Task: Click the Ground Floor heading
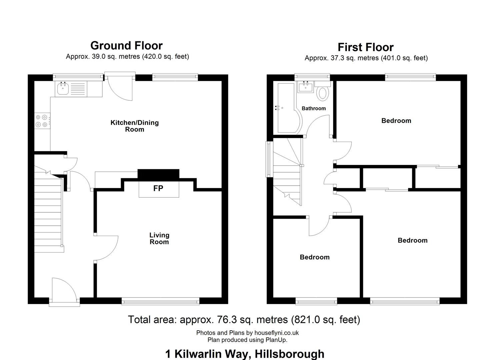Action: point(126,46)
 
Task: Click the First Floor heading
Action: point(366,47)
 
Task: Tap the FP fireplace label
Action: point(158,188)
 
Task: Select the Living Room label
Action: point(159,238)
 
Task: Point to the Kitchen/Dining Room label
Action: point(135,126)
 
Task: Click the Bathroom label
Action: point(314,108)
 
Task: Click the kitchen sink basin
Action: point(63,89)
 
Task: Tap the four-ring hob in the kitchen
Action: point(42,121)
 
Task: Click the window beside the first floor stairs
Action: point(269,159)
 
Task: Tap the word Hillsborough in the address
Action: point(289,354)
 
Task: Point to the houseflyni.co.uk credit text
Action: point(276,333)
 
